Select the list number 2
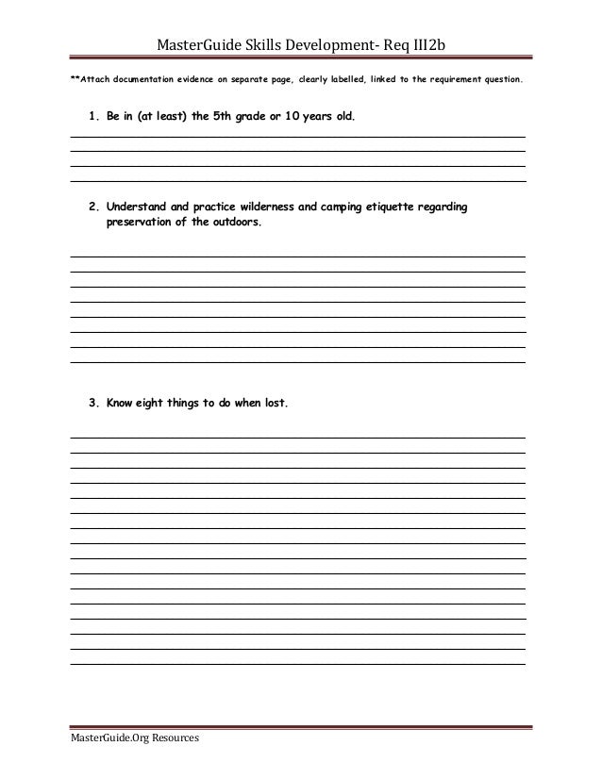pyautogui.click(x=92, y=207)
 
